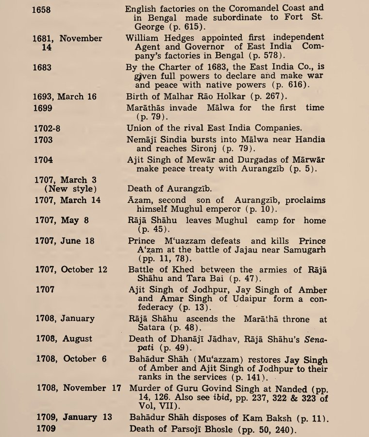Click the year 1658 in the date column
coord(41,9)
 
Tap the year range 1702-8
coord(48,128)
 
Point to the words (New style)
coord(70,189)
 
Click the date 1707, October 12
coord(71,269)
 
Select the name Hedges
coord(179,38)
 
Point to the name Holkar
coord(241,97)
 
